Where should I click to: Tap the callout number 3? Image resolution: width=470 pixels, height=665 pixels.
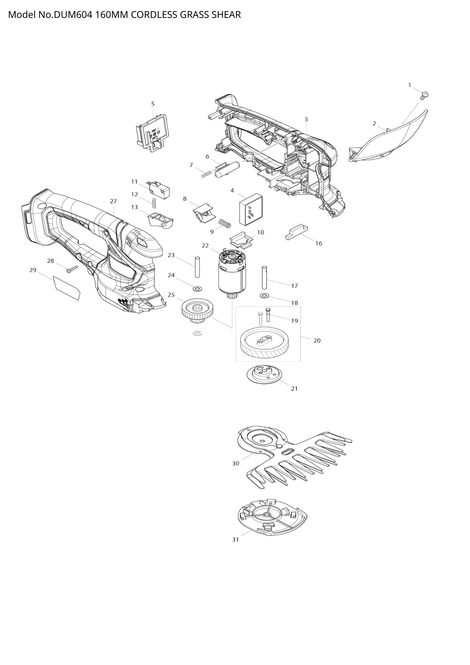[306, 119]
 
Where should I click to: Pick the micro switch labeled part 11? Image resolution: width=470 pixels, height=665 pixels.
[159, 188]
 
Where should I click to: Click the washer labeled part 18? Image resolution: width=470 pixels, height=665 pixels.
[264, 296]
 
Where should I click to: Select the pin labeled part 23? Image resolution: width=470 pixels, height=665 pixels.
[197, 267]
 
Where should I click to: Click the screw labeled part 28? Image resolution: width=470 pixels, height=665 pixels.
[72, 269]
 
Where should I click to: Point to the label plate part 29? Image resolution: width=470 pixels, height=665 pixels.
[67, 288]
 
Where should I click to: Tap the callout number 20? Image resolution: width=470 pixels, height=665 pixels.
[317, 341]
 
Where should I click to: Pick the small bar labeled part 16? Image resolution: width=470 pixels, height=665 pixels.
[297, 232]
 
